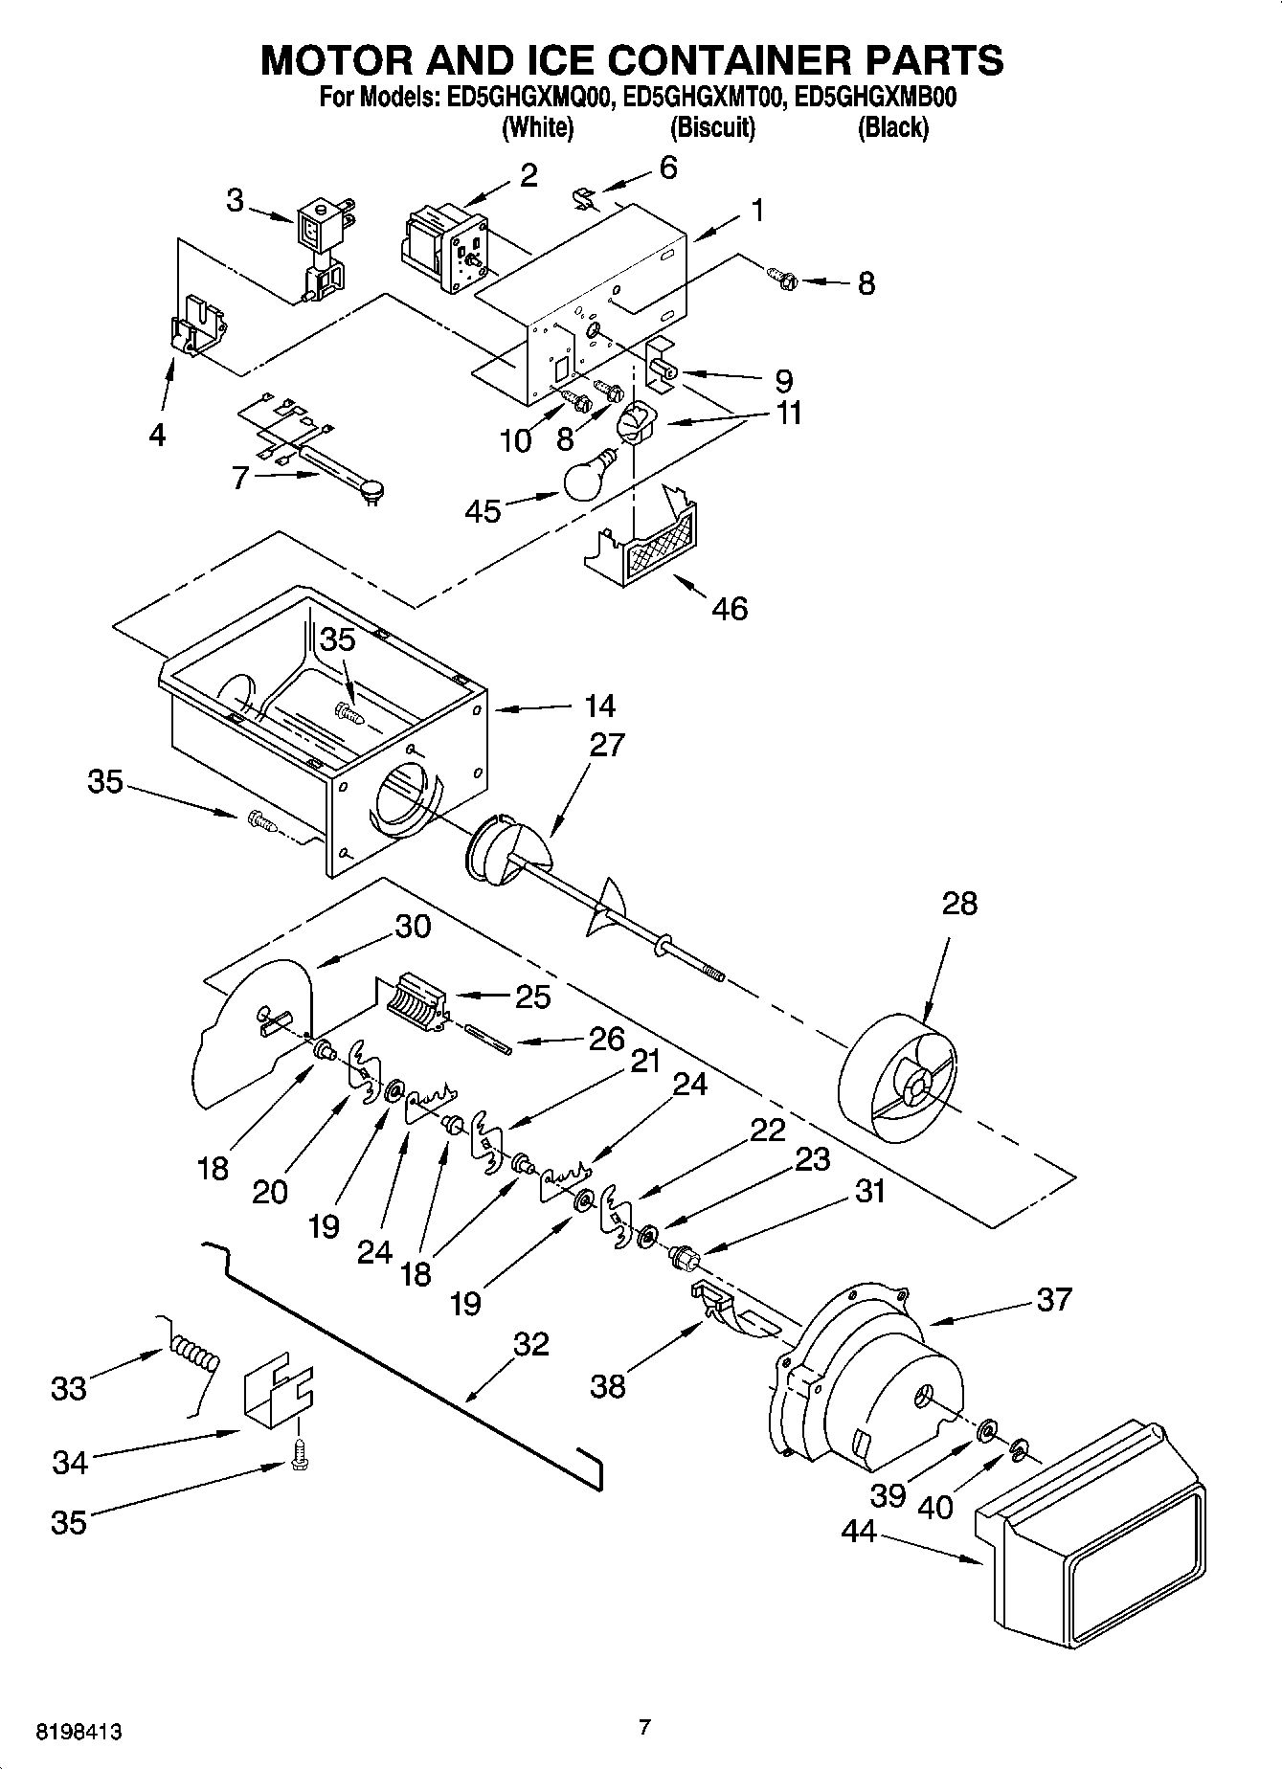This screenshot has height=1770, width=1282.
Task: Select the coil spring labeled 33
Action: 195,1356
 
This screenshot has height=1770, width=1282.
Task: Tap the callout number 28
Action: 959,904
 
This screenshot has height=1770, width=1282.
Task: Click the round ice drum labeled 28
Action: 897,1080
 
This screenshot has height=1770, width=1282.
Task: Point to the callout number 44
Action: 859,1532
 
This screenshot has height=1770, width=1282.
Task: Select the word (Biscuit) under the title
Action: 712,127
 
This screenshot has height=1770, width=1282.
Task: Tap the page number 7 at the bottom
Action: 644,1727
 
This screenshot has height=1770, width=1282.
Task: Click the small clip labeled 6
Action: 584,199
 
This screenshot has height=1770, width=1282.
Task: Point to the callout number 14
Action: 599,706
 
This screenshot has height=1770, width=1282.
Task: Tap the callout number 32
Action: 530,1344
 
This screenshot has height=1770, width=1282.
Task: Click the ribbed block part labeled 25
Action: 416,1001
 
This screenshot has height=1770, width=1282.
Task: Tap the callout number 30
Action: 412,926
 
